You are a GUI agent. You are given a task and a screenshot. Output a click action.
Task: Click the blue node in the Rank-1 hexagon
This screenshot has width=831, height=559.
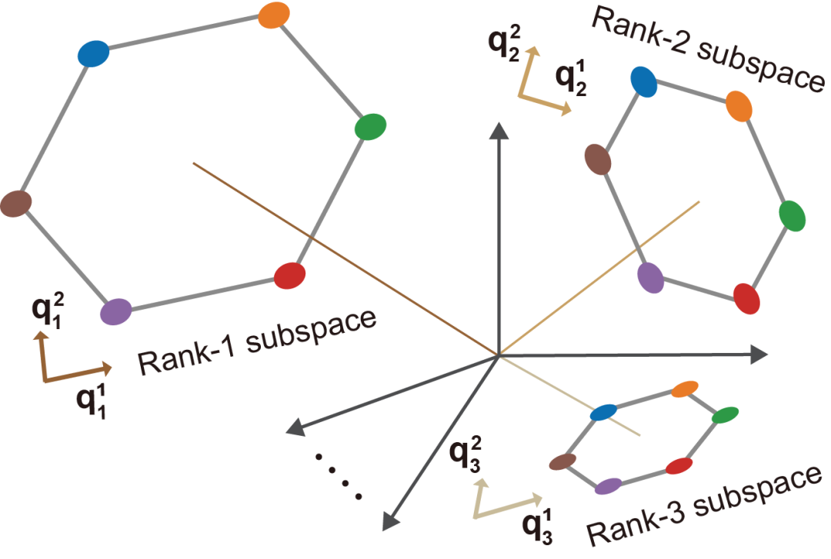pos(94,54)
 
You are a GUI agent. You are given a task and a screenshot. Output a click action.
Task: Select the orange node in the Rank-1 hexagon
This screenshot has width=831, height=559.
pos(273,14)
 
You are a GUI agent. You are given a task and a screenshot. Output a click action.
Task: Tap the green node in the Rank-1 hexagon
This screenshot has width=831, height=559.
pos(370,127)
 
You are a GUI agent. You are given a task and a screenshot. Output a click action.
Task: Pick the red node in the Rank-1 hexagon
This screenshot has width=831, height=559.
pos(290,275)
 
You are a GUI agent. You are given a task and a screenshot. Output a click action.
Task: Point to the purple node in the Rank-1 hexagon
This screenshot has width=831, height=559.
pos(115,311)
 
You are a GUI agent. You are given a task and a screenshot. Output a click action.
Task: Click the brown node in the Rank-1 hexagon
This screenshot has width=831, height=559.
pos(15,204)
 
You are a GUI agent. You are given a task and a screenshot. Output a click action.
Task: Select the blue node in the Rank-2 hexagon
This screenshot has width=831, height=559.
pos(643,81)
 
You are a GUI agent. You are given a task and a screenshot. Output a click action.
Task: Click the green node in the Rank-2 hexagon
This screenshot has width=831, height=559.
pos(792,216)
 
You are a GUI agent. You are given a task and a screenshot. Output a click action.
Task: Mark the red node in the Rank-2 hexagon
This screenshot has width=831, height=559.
pos(746,298)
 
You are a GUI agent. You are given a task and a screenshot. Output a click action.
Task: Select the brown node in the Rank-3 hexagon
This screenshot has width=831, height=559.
pos(563,461)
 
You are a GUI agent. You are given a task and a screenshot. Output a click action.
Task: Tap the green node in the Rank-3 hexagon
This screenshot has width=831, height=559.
pos(725,415)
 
